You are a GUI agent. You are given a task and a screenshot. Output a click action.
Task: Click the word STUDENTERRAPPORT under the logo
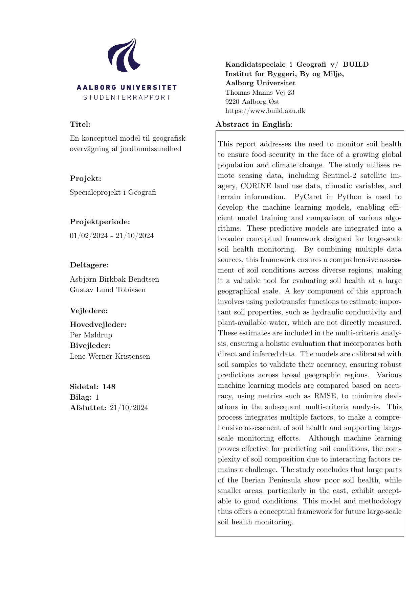tap(127, 98)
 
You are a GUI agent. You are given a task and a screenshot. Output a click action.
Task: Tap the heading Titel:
tap(80, 124)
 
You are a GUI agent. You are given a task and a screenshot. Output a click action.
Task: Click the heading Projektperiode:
tap(100, 222)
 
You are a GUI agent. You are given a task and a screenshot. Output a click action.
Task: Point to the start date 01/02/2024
tap(89, 236)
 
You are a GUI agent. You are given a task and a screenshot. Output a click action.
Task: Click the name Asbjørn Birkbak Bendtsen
tap(114, 279)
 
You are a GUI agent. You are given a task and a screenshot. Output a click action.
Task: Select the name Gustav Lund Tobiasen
tap(108, 290)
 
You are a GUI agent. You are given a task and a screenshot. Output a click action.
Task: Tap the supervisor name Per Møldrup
tap(91, 335)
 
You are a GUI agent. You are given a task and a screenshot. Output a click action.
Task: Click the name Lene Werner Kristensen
tap(110, 356)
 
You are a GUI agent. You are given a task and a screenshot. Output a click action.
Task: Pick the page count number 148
tap(109, 387)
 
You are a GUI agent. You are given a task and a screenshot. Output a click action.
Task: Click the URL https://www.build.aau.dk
tap(265, 111)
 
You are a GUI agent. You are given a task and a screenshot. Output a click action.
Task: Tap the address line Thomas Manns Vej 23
tap(260, 92)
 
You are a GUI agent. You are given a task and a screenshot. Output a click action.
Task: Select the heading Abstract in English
tap(253, 124)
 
